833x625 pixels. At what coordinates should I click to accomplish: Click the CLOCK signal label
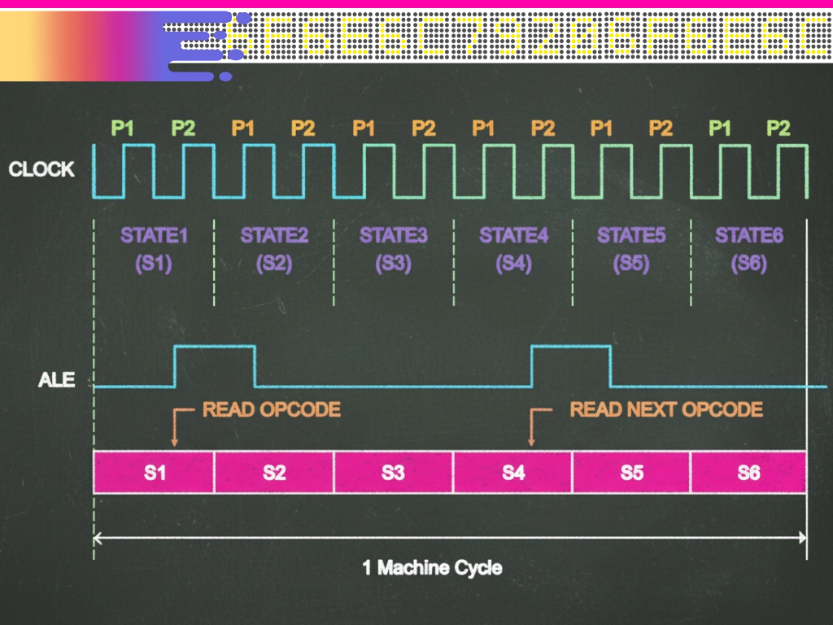tap(41, 170)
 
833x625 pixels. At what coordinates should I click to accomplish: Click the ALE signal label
tap(56, 379)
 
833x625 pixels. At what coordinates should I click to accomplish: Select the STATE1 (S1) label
tap(154, 249)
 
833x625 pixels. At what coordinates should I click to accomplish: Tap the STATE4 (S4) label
tap(513, 249)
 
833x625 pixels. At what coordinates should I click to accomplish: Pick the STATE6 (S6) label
tap(749, 249)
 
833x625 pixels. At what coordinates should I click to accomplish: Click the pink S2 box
tap(274, 473)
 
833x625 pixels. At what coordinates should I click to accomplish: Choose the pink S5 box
tap(632, 473)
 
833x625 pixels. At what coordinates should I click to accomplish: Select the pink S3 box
tap(393, 473)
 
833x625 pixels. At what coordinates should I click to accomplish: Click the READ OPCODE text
tap(272, 409)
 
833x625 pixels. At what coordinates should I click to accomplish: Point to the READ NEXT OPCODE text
tap(666, 409)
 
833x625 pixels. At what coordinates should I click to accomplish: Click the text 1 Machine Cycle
tap(432, 567)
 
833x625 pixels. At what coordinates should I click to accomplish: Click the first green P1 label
tap(123, 128)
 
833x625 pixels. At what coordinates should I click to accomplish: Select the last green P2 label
tap(778, 128)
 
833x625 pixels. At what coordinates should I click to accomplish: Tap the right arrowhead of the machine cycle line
tap(800, 537)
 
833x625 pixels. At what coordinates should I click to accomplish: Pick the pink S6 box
tap(748, 473)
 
